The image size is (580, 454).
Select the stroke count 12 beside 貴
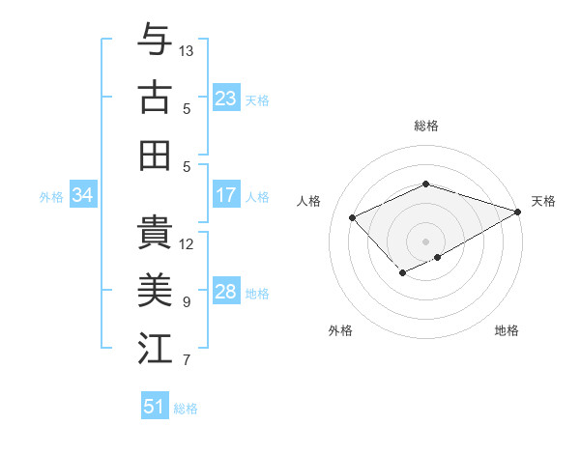tap(187, 243)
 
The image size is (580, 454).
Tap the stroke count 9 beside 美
tap(187, 301)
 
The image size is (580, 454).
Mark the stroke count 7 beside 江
tap(187, 360)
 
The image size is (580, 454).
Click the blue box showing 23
tap(225, 99)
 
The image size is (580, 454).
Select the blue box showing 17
tap(225, 195)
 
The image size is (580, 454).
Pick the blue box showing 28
tap(225, 292)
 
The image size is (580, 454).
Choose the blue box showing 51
tap(154, 407)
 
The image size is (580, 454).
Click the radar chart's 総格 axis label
tap(425, 126)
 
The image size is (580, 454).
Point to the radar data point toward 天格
tap(519, 211)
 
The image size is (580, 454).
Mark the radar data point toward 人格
tap(353, 217)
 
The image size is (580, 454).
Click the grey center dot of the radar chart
tap(425, 241)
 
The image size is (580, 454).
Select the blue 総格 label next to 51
tap(186, 409)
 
